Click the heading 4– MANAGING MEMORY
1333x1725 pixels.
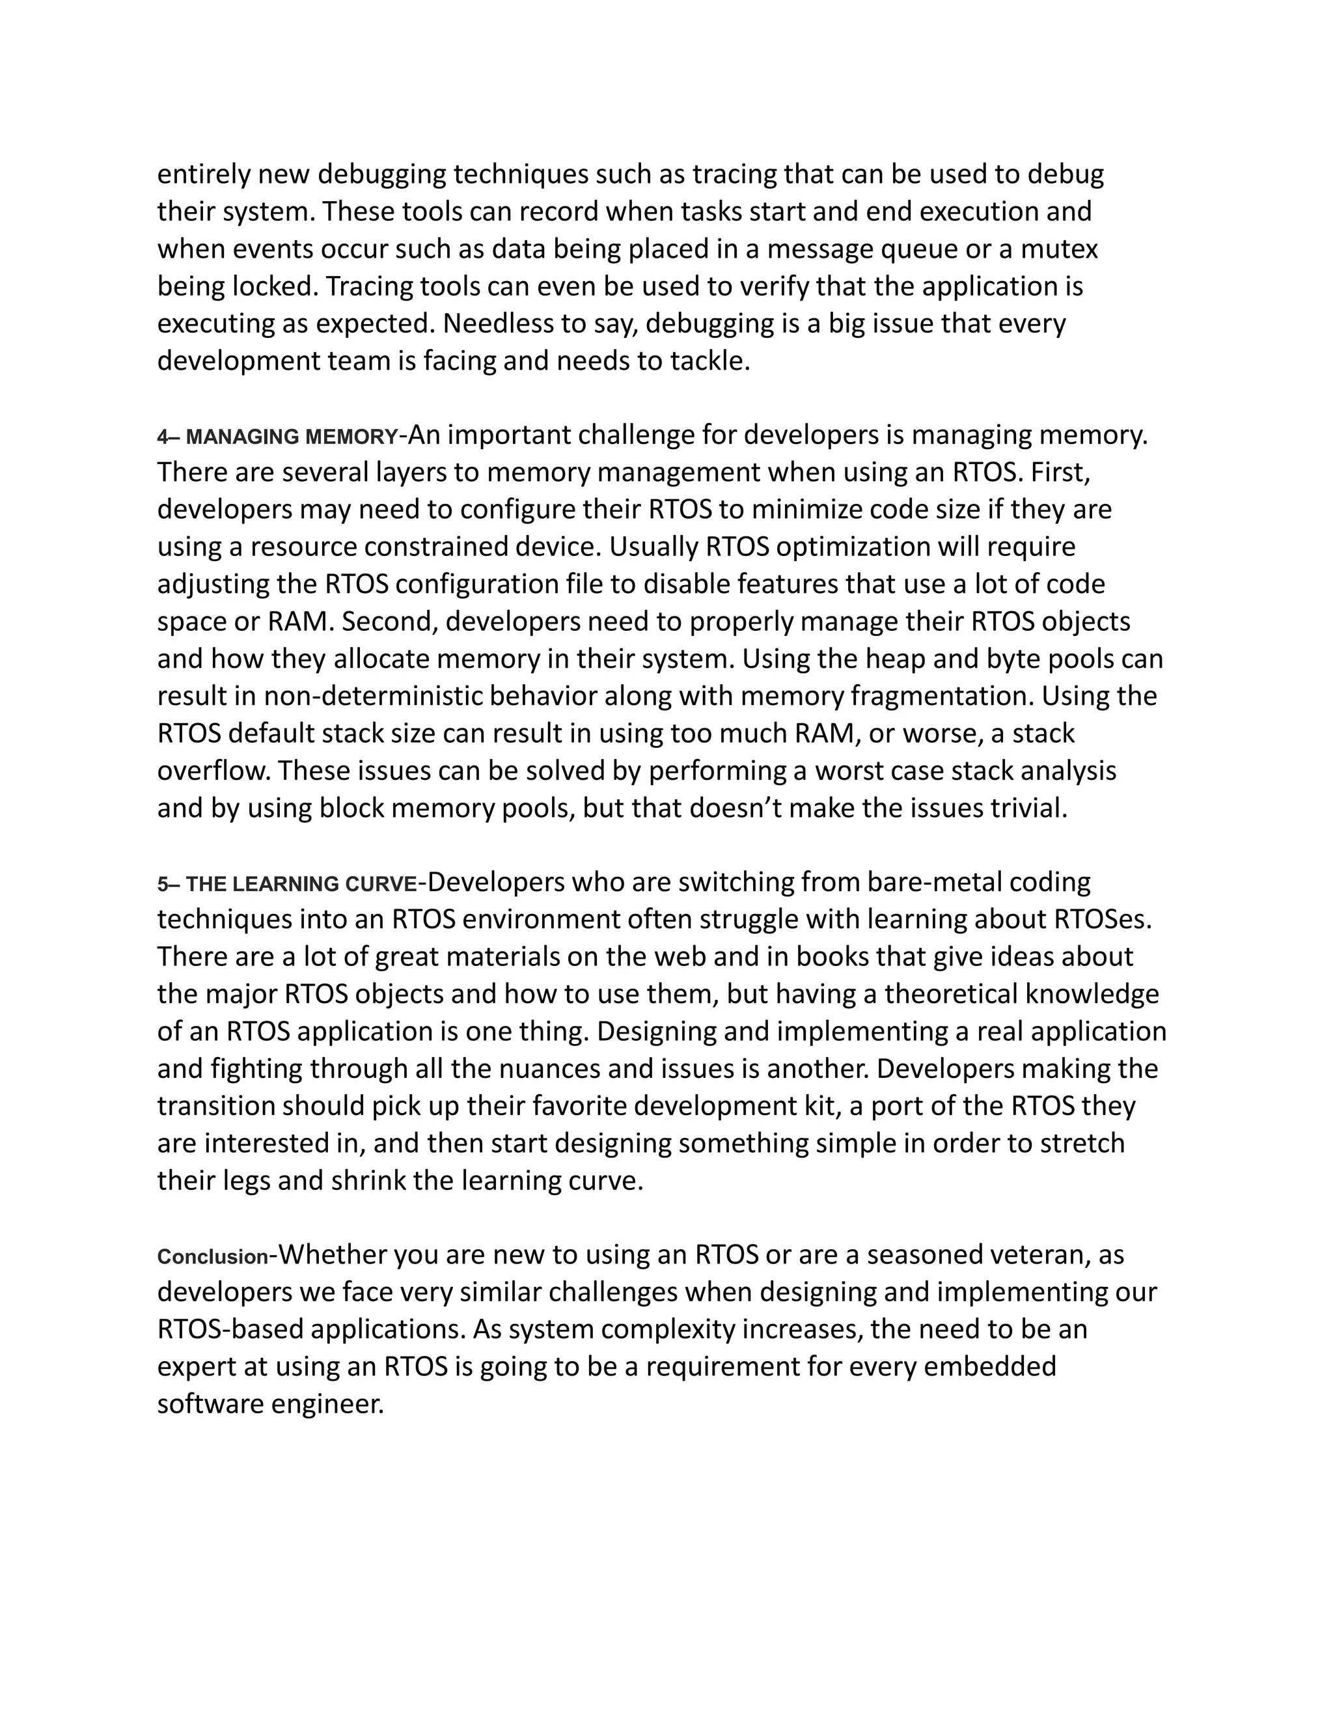click(x=278, y=437)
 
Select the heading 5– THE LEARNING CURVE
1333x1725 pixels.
click(x=286, y=884)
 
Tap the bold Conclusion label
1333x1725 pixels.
click(x=212, y=1256)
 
